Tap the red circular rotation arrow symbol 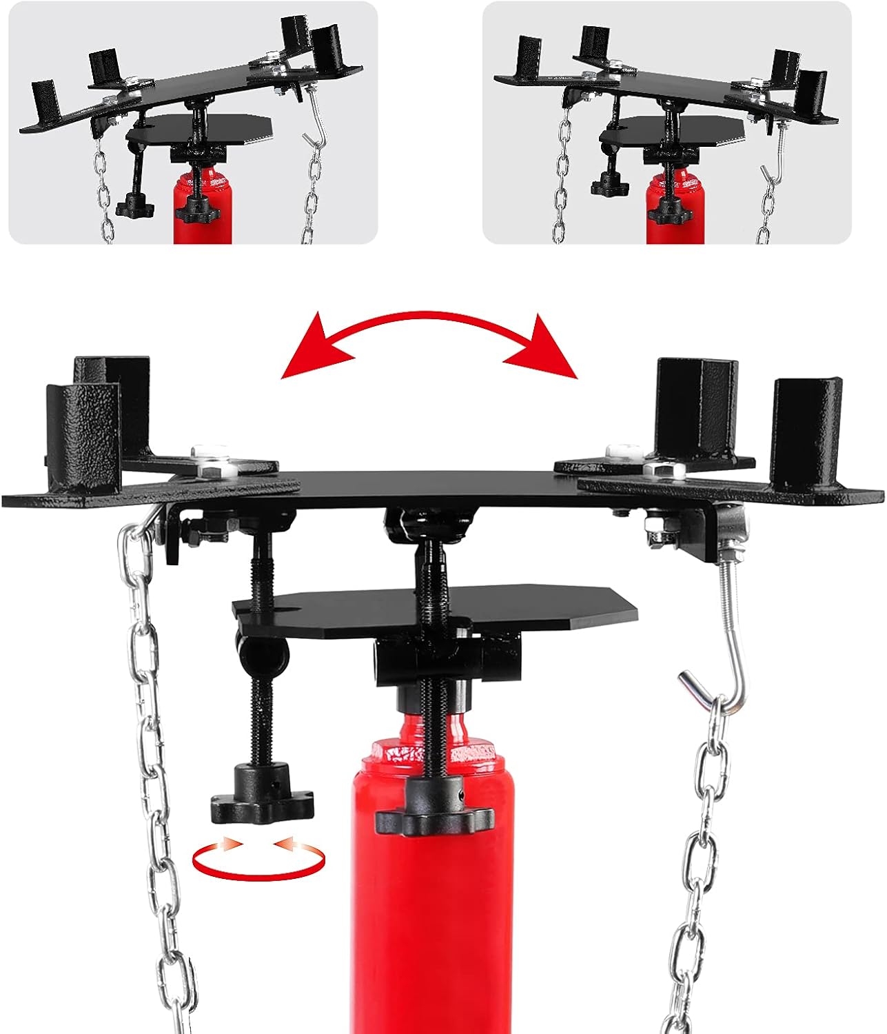258,859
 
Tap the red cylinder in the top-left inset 201,207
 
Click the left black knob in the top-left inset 132,204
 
